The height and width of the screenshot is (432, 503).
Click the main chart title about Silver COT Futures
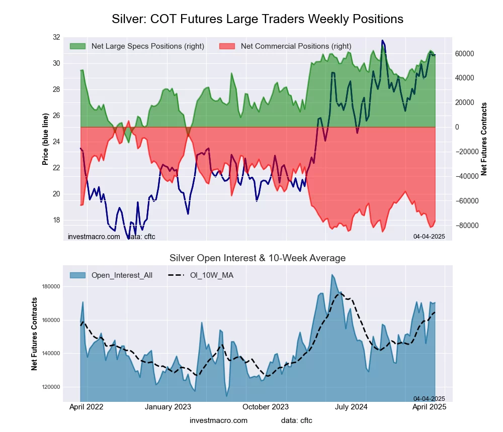coord(257,19)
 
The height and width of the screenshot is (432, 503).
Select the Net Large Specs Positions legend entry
coord(147,46)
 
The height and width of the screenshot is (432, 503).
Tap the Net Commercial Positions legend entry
coord(296,46)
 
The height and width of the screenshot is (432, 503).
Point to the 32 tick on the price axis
coord(56,37)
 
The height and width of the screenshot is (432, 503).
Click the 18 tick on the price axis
coord(56,220)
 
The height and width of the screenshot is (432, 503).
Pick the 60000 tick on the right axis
coord(465,54)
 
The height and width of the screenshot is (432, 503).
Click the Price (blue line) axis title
coord(45,139)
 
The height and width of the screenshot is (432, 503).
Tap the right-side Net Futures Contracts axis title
coord(484,139)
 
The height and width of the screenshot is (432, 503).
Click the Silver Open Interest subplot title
coord(257,258)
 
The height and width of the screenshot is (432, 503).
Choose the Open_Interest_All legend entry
coord(122,275)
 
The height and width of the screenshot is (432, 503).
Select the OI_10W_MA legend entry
coord(211,275)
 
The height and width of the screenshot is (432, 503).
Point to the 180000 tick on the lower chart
coord(50,287)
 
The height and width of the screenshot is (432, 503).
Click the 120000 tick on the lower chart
coord(50,387)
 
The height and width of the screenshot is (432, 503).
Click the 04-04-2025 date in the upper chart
coord(429,236)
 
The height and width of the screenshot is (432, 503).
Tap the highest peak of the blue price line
coord(382,41)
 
